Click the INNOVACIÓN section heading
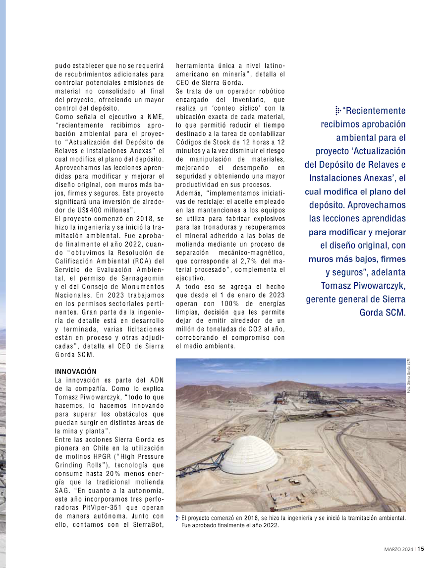click(76, 372)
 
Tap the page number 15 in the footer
click(420, 549)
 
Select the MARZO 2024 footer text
click(399, 549)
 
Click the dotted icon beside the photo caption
click(178, 518)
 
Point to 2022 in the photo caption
click(269, 526)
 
